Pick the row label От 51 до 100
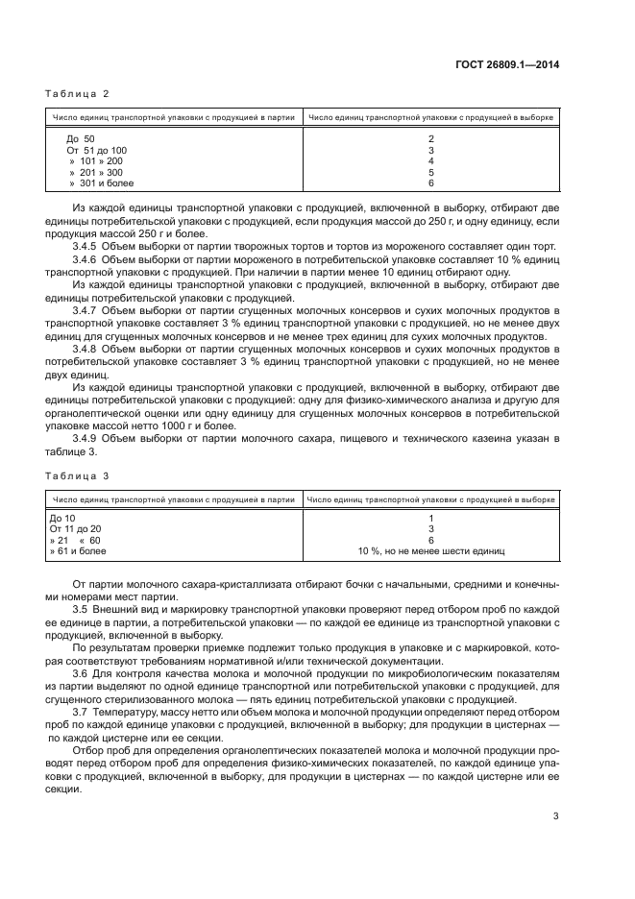coord(96,150)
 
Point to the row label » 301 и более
coord(102,182)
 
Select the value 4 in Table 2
coord(431,161)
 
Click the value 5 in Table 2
coord(431,172)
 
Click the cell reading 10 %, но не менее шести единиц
coord(431,551)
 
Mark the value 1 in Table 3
coord(431,519)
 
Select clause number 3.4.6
coord(88,260)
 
